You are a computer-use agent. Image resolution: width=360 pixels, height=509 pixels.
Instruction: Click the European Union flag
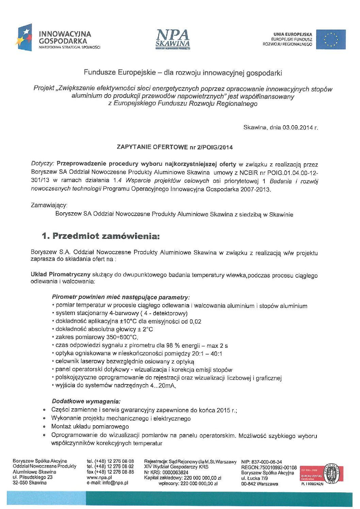pos(331,39)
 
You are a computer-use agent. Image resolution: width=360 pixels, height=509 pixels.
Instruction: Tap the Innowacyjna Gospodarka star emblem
pos(24,37)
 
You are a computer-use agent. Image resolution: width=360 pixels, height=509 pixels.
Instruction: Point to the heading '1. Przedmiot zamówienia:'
pos(100,236)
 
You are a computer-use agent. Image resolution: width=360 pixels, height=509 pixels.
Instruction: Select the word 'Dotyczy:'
pos(43,164)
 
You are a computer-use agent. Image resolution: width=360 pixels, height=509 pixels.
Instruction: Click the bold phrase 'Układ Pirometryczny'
pos(61,274)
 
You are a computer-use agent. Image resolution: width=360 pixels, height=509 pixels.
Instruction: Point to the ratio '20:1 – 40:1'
pos(207,354)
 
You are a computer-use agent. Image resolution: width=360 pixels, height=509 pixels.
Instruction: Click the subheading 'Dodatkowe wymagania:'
pos(86,401)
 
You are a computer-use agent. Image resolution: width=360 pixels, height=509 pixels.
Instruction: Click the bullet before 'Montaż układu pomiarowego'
pos(44,427)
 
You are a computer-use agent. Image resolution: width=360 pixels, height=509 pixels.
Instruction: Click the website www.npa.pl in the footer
pos(99,477)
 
